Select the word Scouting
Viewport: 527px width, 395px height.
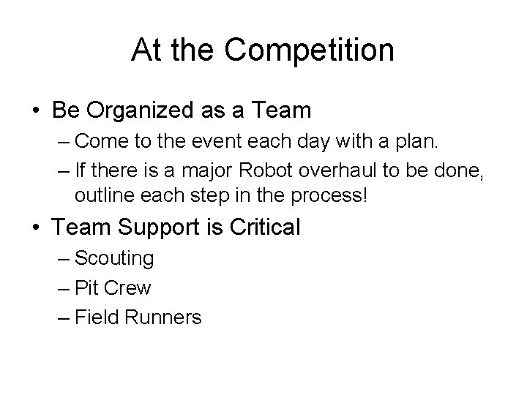(114, 259)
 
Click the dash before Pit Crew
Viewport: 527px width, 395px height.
(62, 288)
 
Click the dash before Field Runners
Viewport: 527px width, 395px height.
(62, 317)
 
